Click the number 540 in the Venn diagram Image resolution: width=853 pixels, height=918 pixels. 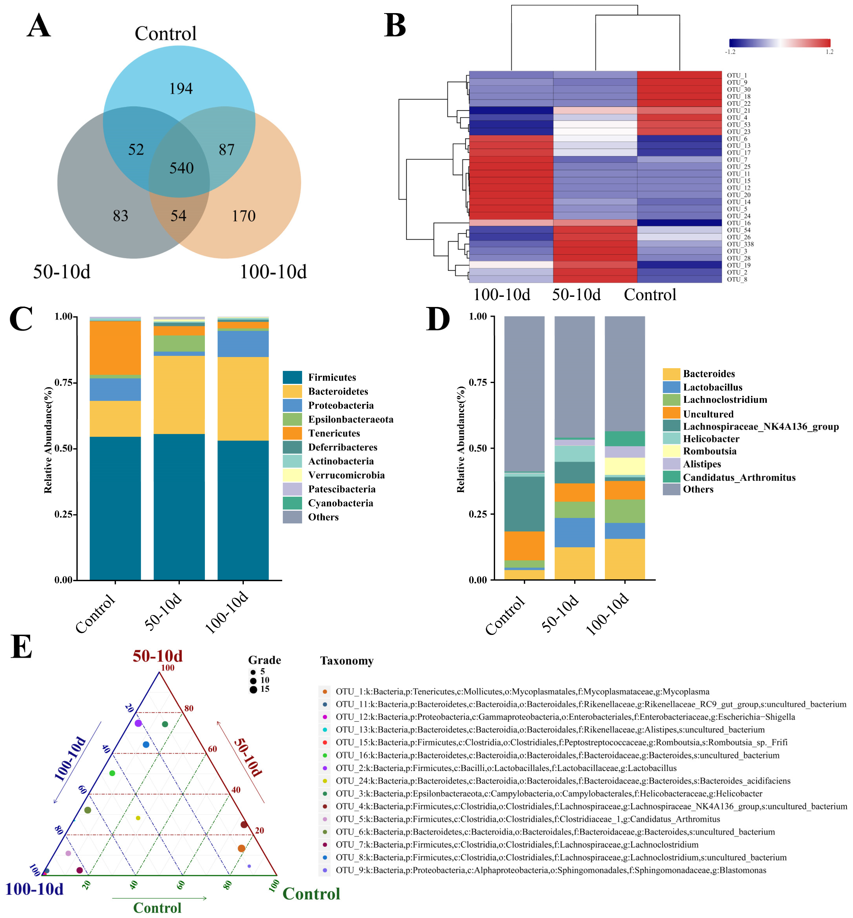click(181, 168)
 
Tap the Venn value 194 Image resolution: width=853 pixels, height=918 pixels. click(180, 89)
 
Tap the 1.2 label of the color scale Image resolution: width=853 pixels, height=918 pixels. click(830, 52)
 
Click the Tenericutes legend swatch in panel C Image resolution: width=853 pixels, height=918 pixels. click(292, 433)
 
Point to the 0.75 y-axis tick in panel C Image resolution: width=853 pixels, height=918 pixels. click(63, 382)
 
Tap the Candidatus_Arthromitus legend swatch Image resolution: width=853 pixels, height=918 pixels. click(671, 477)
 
